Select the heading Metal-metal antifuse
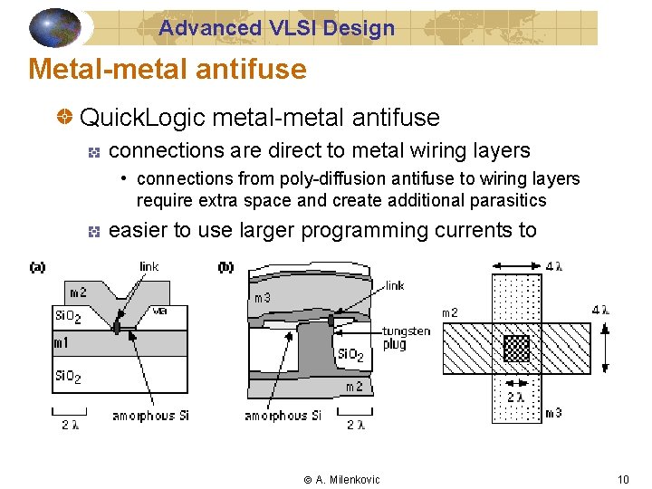coord(168,69)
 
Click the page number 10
coord(622,479)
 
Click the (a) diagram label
coord(37,267)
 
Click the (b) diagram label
coord(226,267)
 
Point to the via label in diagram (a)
coord(158,311)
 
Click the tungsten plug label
coord(406,338)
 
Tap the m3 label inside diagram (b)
coord(262,298)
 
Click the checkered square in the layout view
coord(516,349)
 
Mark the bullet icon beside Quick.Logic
coord(64,118)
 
